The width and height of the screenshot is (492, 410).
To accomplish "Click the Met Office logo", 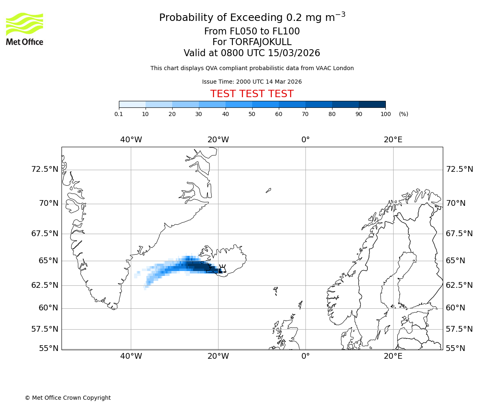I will (x=25, y=29).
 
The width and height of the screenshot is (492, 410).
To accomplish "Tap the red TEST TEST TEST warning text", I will (x=252, y=94).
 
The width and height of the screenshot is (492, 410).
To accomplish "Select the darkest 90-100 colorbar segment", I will (x=372, y=105).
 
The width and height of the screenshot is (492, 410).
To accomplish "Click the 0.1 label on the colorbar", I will (x=119, y=114).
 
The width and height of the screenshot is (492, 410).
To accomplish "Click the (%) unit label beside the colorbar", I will (x=403, y=114).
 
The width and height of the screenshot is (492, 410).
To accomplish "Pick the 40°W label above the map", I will (x=131, y=140).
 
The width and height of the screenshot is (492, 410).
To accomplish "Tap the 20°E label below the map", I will (x=393, y=356).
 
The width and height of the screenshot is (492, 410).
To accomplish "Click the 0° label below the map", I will (x=305, y=356).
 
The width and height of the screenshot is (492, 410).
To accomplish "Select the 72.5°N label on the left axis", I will (x=45, y=169).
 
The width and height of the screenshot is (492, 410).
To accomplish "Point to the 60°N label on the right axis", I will (x=456, y=307).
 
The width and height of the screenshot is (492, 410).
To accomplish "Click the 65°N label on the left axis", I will (x=48, y=260).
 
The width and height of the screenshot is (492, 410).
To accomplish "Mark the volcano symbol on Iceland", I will (x=223, y=269).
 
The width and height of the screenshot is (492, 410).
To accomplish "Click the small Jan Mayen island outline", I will (x=268, y=190).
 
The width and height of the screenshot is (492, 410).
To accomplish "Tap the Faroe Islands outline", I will (x=276, y=291).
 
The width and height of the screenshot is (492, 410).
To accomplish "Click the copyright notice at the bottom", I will (x=68, y=398).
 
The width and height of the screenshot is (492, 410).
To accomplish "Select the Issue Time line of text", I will (x=252, y=82).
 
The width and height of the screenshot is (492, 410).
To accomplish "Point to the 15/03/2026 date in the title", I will (x=294, y=53).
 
